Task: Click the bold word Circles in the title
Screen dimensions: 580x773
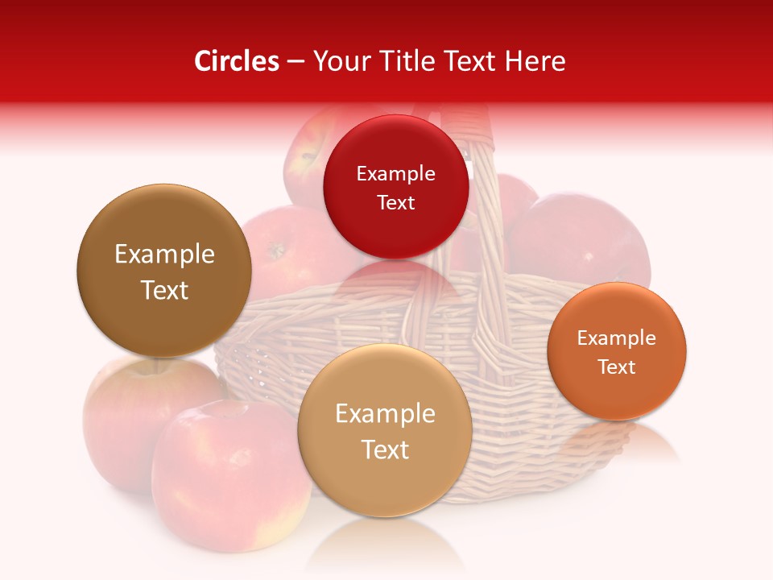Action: click(236, 61)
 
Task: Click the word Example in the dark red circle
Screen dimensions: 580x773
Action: click(395, 174)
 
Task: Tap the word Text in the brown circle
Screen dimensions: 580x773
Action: click(164, 290)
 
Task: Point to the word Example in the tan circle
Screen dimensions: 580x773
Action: click(385, 414)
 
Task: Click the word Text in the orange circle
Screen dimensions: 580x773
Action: click(617, 367)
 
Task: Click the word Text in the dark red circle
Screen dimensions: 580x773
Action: click(395, 203)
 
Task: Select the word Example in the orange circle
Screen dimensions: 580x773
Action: click(617, 338)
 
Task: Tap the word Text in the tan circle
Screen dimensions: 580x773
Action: click(385, 449)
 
